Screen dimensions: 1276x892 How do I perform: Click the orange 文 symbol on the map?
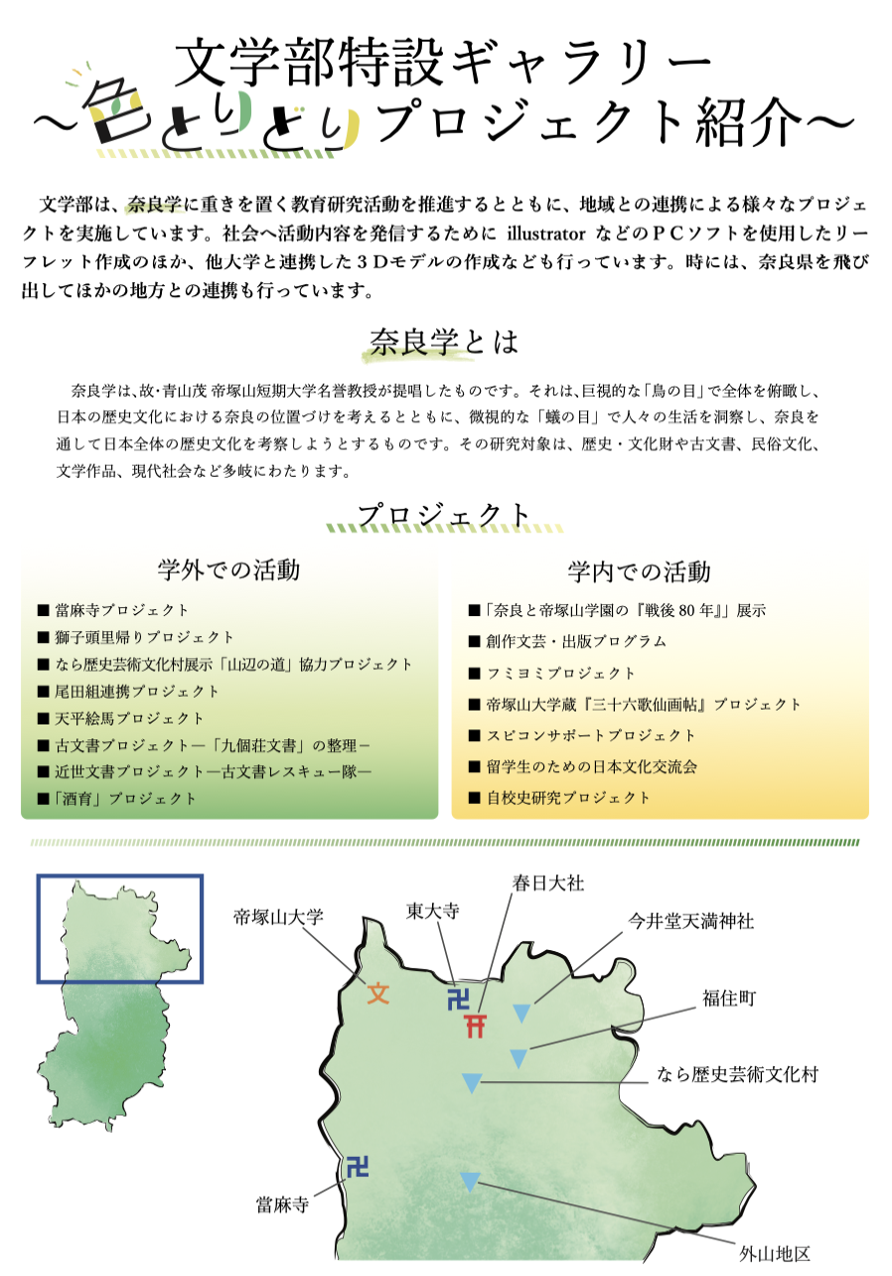pyautogui.click(x=378, y=992)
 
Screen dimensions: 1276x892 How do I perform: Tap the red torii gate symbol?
pyautogui.click(x=478, y=1025)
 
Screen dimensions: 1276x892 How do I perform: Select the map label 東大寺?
pyautogui.click(x=433, y=911)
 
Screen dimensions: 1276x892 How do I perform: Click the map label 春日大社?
pyautogui.click(x=548, y=882)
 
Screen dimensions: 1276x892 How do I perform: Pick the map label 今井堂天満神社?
pyautogui.click(x=690, y=921)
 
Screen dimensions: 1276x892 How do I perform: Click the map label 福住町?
pyautogui.click(x=729, y=998)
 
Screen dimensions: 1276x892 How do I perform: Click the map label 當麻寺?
pyautogui.click(x=283, y=1205)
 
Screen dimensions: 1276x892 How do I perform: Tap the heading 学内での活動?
pyautogui.click(x=640, y=571)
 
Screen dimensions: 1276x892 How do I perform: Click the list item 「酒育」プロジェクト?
pyautogui.click(x=124, y=798)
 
